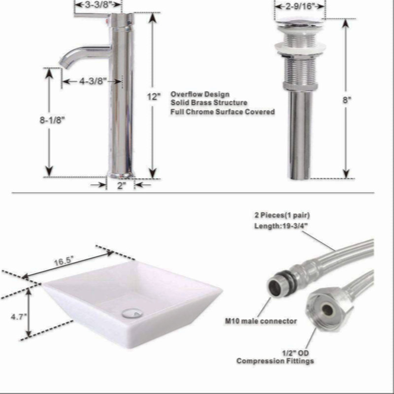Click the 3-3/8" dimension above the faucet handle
[98, 4]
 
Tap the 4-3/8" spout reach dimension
[93, 81]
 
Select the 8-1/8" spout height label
[52, 120]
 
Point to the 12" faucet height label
[154, 97]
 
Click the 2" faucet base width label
[121, 186]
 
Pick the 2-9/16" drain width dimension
[298, 6]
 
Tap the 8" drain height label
[347, 100]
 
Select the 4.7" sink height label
[19, 317]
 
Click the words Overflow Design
[200, 94]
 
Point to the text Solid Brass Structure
[209, 102]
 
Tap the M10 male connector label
[261, 321]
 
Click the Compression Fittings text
[275, 361]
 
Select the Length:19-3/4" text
[281, 226]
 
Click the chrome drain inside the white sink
[132, 314]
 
